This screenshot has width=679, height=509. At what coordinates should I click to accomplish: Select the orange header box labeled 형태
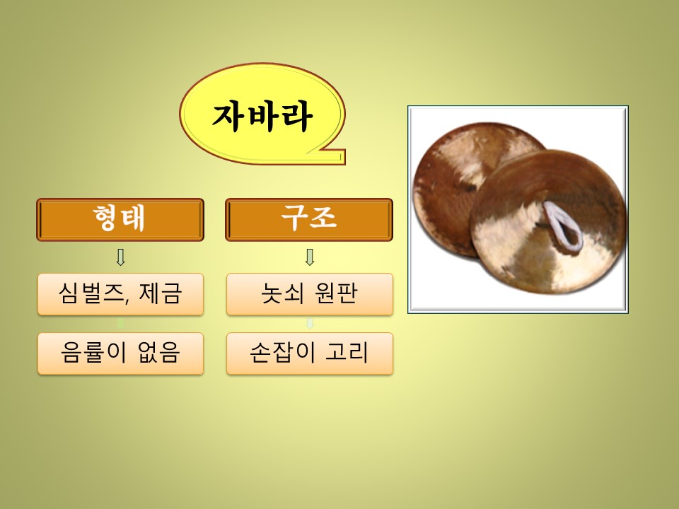point(120,219)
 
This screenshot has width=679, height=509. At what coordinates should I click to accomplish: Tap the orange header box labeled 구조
point(309,219)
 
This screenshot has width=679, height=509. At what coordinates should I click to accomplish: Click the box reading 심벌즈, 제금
point(120,294)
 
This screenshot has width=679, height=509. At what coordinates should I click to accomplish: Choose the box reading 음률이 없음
point(120,353)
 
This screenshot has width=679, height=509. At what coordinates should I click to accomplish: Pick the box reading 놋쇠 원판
point(310,294)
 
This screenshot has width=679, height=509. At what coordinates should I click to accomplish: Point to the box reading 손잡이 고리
point(310,353)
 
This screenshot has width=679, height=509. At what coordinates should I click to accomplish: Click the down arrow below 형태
point(121,257)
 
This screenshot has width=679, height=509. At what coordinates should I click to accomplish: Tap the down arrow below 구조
point(310,257)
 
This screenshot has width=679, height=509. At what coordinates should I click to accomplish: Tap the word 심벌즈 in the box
point(93,293)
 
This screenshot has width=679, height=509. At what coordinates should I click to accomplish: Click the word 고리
point(347,352)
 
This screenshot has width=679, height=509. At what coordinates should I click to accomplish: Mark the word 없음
point(158,352)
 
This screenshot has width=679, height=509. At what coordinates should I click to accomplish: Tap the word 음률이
point(93,352)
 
